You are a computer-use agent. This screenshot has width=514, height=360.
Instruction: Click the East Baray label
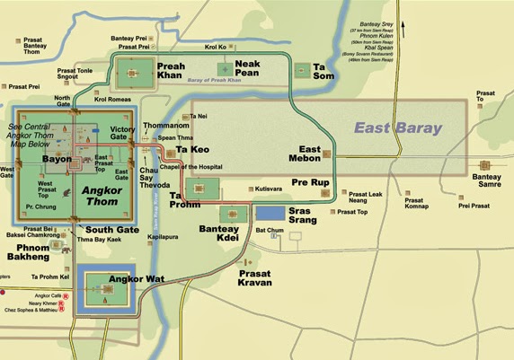click(x=398, y=128)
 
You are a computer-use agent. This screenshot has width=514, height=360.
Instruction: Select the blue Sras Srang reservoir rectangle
click(x=270, y=213)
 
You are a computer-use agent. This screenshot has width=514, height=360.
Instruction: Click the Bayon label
click(x=56, y=159)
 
